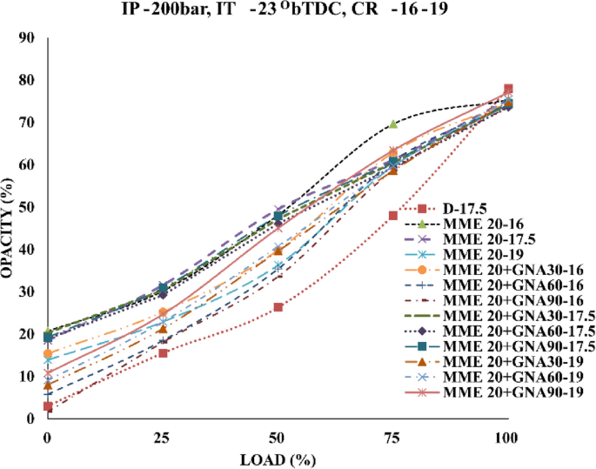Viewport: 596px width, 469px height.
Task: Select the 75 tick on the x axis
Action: click(393, 433)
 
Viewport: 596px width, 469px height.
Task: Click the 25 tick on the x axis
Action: click(162, 433)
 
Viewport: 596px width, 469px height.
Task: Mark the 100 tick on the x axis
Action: click(508, 433)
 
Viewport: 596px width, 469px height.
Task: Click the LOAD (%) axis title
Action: click(278, 457)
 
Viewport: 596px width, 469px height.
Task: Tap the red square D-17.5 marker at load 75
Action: click(393, 216)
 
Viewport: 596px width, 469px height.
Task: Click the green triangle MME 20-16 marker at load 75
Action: click(393, 124)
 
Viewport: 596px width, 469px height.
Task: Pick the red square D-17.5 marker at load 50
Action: click(278, 307)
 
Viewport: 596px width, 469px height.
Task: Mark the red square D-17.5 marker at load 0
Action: click(47, 406)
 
